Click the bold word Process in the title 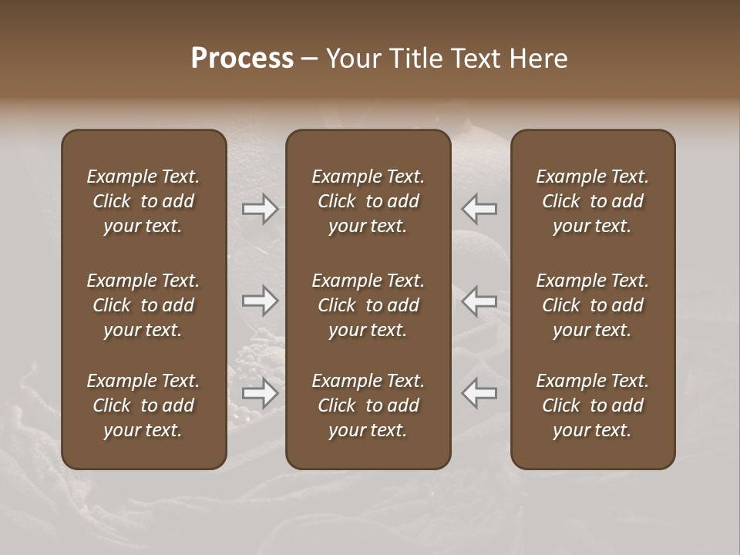pyautogui.click(x=242, y=59)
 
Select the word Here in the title pyautogui.click(x=538, y=59)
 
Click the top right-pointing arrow pyautogui.click(x=261, y=209)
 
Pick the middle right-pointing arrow pyautogui.click(x=261, y=301)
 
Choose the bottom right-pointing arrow pyautogui.click(x=261, y=393)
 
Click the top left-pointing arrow pyautogui.click(x=479, y=209)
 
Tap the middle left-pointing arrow pyautogui.click(x=479, y=301)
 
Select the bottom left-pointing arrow pyautogui.click(x=479, y=393)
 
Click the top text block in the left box pyautogui.click(x=143, y=201)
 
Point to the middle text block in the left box pyautogui.click(x=143, y=305)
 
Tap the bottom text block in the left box pyautogui.click(x=143, y=405)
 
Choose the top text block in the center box pyautogui.click(x=368, y=201)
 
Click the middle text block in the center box pyautogui.click(x=368, y=305)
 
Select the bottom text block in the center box pyautogui.click(x=368, y=405)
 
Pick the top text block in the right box pyautogui.click(x=593, y=201)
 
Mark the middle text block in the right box pyautogui.click(x=593, y=305)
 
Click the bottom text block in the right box pyautogui.click(x=593, y=405)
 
